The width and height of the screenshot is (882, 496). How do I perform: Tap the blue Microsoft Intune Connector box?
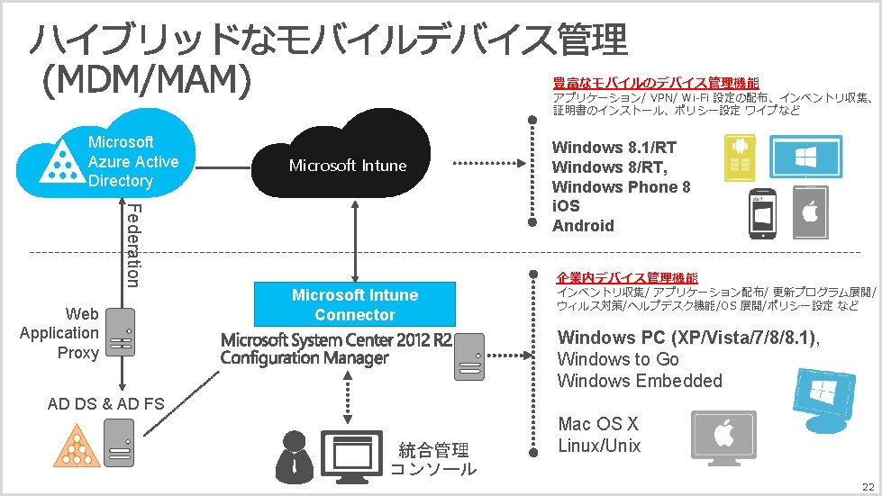click(x=355, y=304)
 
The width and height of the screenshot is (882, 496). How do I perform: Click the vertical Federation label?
click(x=132, y=245)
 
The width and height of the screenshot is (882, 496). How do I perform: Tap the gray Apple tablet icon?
click(x=810, y=212)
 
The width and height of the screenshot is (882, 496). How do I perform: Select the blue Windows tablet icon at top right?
click(x=805, y=158)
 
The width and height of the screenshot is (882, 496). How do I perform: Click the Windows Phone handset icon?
click(x=764, y=216)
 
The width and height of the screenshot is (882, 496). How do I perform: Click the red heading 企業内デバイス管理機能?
click(x=627, y=277)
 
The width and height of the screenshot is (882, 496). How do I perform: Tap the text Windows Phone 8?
click(x=621, y=187)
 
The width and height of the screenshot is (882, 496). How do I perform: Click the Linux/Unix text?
click(x=599, y=446)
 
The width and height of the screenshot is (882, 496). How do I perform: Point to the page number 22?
click(x=868, y=484)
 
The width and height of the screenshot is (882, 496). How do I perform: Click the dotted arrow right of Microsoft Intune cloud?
click(x=482, y=164)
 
